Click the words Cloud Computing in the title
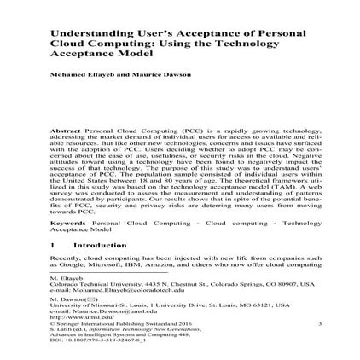click(x=94, y=41)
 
